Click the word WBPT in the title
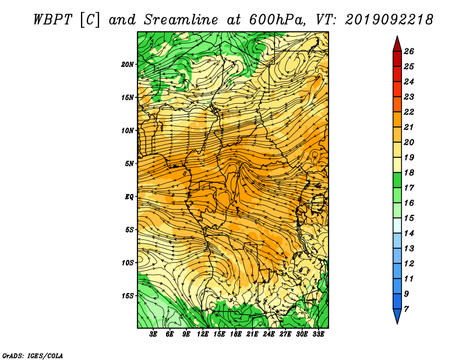click(x=52, y=20)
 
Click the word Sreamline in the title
click(x=181, y=20)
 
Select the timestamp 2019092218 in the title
click(x=389, y=20)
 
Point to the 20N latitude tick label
click(x=128, y=65)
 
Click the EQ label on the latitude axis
click(x=129, y=197)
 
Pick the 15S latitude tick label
click(x=128, y=296)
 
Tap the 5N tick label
click(x=129, y=164)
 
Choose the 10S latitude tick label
click(x=128, y=263)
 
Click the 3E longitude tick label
click(x=153, y=334)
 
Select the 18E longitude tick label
click(x=236, y=334)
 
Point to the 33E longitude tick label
click(x=318, y=334)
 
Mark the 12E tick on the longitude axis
click(x=202, y=334)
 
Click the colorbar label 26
click(x=409, y=51)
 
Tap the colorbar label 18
click(x=409, y=172)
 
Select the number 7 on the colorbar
click(x=406, y=309)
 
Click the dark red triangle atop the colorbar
click(x=397, y=45)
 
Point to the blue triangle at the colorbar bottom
click(x=397, y=315)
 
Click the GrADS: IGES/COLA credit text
click(x=33, y=356)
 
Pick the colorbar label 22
click(x=409, y=112)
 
